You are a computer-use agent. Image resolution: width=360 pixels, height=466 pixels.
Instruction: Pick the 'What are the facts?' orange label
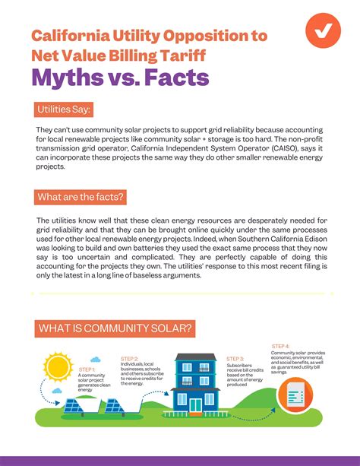[x=81, y=198]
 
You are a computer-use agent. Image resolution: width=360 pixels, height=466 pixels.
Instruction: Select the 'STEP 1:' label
[x=87, y=369]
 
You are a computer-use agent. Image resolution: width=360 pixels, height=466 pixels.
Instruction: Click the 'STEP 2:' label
[x=129, y=358]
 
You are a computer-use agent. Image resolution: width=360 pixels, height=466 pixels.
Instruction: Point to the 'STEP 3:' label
[x=235, y=358]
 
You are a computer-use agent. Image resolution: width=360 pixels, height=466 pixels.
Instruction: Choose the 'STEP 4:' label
[x=280, y=347]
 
